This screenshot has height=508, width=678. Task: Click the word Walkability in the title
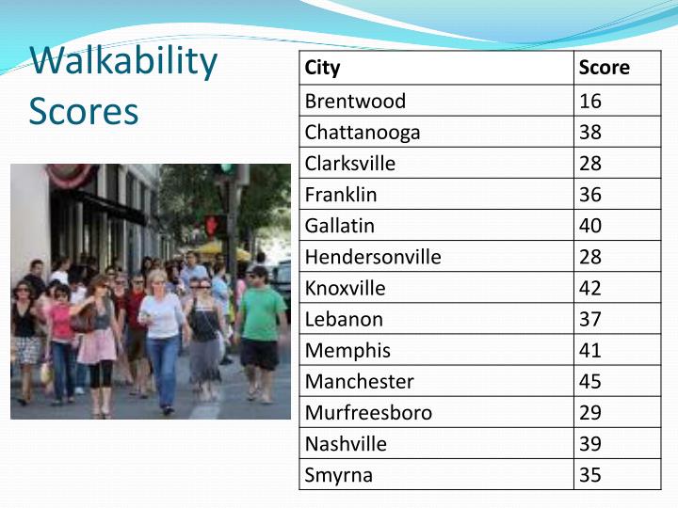123,62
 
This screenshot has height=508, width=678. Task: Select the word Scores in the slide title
84,111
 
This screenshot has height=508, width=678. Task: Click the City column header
322,68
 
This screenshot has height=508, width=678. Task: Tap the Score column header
604,68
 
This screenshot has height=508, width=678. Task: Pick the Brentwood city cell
355,101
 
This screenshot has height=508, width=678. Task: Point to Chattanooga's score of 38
590,132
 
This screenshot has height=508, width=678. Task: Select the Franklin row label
341,195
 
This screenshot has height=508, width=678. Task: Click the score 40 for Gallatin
590,226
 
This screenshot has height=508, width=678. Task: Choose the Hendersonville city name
373,257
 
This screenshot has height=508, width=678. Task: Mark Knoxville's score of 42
590,288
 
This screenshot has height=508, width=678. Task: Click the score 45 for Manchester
590,381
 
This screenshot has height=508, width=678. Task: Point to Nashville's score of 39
590,443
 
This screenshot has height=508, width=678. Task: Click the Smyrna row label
338,474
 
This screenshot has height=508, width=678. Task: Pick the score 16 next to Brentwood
590,101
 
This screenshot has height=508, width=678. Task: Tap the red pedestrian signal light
212,226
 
